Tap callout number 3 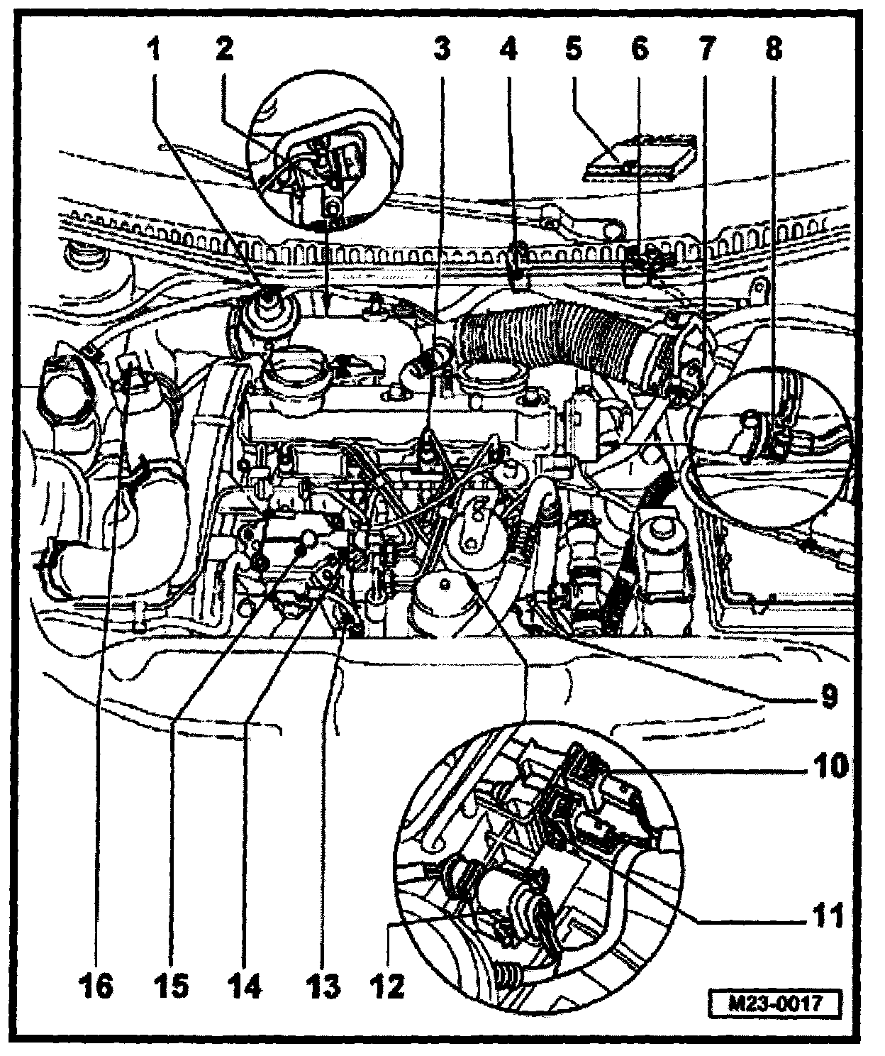coord(442,50)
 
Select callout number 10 coord(828,767)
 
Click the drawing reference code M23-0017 coord(776,1005)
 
